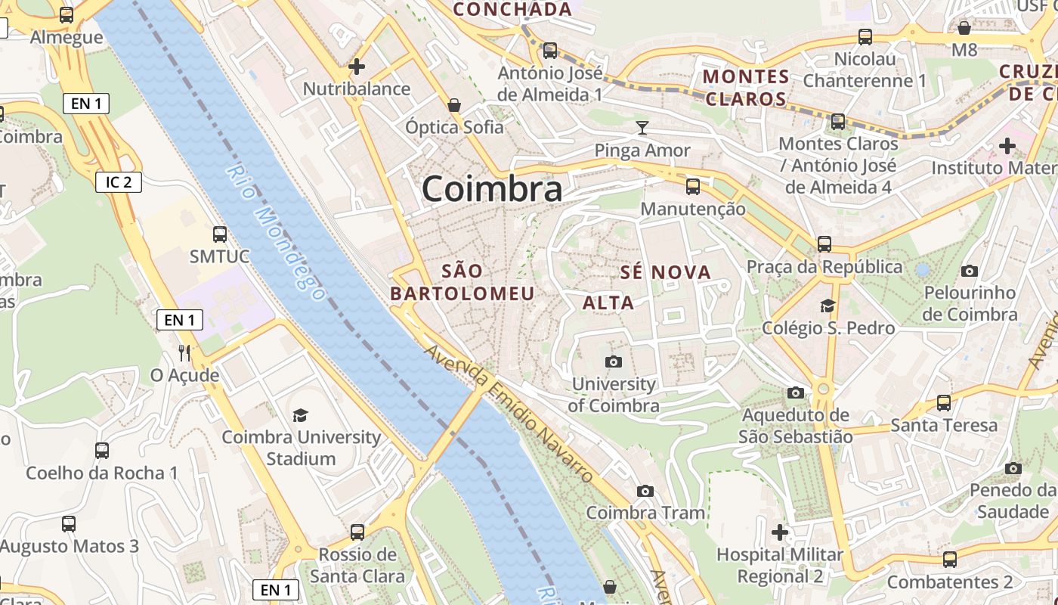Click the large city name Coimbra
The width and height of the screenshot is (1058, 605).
coord(492,188)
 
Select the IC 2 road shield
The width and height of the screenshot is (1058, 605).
coord(119,181)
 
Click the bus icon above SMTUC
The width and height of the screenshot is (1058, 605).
coord(220,234)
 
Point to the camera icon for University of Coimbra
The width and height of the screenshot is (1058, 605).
coord(613,361)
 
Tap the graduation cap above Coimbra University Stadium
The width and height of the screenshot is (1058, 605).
coord(301,415)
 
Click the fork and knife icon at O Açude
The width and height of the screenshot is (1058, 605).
coord(184,352)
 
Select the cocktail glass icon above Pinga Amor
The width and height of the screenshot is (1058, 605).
coord(642,127)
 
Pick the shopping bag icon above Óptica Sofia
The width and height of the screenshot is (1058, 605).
coord(454,104)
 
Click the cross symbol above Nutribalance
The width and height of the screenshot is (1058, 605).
coord(357,67)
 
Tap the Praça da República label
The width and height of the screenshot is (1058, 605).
coord(824,267)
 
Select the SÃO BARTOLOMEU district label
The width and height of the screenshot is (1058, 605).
coord(462,282)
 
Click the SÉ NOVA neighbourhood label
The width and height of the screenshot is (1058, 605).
coord(666,272)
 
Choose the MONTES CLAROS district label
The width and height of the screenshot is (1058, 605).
coord(746,88)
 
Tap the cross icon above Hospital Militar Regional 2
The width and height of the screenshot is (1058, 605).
coord(780,532)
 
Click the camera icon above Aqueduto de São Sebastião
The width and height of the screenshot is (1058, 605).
coord(795,392)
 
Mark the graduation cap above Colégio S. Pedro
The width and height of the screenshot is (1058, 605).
coord(828,306)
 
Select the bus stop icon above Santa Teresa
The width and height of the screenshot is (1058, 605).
coord(944,403)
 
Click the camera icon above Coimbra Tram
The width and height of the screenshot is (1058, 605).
coord(645,491)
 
